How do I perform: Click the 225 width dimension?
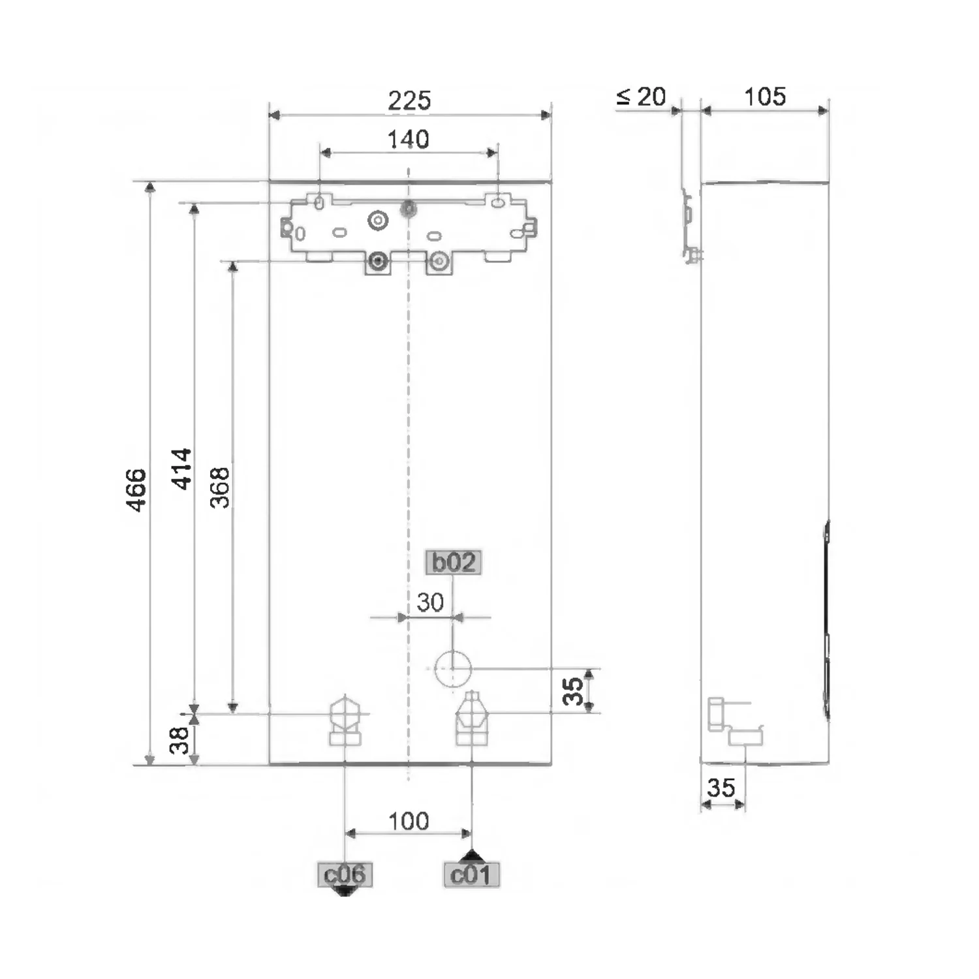[x=409, y=101]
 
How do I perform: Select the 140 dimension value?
[x=408, y=139]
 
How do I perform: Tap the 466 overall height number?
[x=136, y=489]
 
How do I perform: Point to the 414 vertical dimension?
[x=181, y=469]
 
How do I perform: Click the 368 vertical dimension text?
[x=220, y=488]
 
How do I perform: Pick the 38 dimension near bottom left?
[x=179, y=740]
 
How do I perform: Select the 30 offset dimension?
[x=430, y=602]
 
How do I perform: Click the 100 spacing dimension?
[x=409, y=821]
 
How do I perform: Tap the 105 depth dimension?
[x=765, y=97]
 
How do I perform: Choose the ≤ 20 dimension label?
[x=641, y=97]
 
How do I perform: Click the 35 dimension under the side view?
[x=721, y=788]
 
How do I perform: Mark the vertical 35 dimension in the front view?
[x=573, y=691]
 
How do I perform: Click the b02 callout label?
[x=454, y=562]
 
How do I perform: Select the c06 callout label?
[x=345, y=875]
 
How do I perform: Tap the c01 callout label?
[x=471, y=875]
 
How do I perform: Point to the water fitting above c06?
[x=345, y=721]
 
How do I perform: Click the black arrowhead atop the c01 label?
[x=471, y=856]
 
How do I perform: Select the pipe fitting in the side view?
[x=734, y=723]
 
